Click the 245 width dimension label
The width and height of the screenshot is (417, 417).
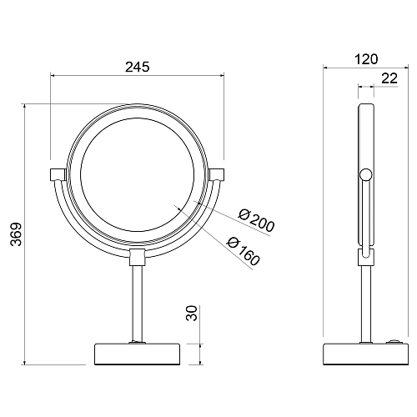137,67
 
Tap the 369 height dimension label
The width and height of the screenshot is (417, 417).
16,234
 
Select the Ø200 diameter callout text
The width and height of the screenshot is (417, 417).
257,221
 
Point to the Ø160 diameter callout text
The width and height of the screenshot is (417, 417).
244,251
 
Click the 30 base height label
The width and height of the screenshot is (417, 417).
191,313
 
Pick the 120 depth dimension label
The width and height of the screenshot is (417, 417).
366,59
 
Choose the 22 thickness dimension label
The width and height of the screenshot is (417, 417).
389,78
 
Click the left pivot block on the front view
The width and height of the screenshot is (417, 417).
58,174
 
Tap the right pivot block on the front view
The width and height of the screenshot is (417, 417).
216,174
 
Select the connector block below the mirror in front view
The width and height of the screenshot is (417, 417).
137,258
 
